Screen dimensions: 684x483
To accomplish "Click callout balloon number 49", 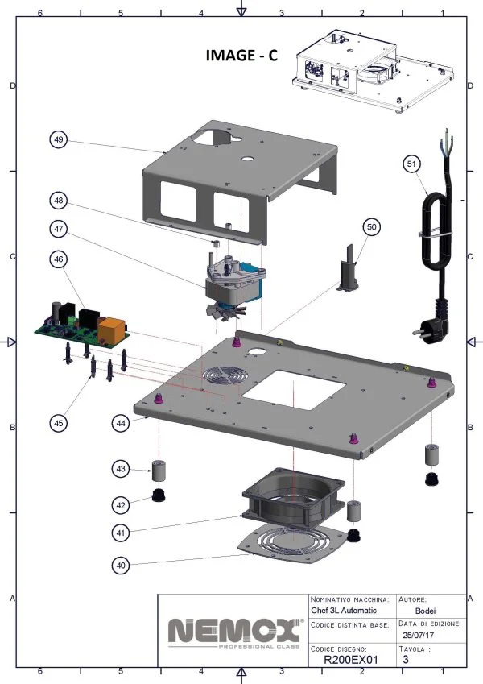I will (59, 139).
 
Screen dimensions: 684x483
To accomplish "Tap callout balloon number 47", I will (59, 229).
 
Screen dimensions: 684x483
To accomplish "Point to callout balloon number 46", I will (59, 259).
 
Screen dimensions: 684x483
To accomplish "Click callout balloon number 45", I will (59, 421).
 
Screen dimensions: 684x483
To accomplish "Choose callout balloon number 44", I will (121, 421).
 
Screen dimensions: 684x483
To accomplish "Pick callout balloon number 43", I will (121, 468).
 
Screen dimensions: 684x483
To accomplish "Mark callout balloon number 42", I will (121, 504).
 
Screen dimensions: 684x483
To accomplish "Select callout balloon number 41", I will (121, 533).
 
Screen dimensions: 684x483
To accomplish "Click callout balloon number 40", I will (121, 566).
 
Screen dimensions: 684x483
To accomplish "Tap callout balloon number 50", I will (371, 228).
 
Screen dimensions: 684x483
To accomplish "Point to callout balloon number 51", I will (411, 164).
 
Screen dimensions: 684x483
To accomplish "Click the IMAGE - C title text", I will (242, 55).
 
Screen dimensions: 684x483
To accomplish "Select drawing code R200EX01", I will (350, 659).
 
